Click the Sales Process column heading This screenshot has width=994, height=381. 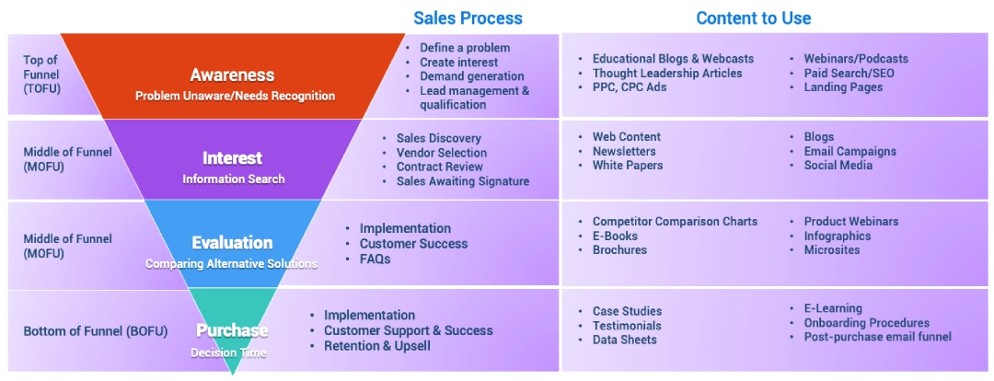(468, 18)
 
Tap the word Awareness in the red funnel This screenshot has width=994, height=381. (232, 75)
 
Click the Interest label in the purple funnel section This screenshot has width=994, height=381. (233, 158)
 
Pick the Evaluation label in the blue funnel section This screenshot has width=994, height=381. (232, 243)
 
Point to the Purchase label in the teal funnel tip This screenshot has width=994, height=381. (232, 330)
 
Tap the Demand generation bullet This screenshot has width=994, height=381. (472, 76)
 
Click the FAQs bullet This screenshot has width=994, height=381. (376, 259)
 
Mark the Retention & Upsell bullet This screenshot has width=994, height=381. (377, 345)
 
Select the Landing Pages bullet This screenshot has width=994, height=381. (843, 87)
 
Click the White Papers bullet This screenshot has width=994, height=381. (628, 165)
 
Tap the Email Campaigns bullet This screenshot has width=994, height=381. (850, 151)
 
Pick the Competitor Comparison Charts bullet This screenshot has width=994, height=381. (675, 221)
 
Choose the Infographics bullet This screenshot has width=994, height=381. (838, 236)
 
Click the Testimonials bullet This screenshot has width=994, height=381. (627, 325)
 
